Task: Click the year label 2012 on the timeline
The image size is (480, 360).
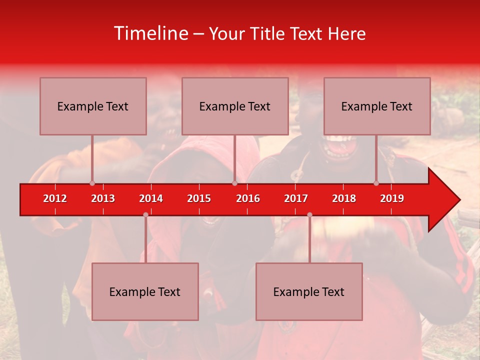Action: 55,198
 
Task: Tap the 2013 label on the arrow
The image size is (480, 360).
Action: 103,198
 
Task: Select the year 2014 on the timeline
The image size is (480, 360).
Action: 151,198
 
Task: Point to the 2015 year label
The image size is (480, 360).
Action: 199,198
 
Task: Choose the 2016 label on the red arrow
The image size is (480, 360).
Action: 248,198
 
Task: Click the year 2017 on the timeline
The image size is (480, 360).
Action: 296,198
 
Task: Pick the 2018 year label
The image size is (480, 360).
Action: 344,198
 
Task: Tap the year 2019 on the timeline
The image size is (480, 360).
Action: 392,198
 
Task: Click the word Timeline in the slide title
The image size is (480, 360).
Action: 150,33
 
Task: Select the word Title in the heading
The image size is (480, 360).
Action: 267,34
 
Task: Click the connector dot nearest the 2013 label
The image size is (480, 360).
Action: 92,183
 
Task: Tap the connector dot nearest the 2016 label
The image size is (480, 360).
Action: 234,183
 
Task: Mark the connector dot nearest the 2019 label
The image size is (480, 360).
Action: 376,183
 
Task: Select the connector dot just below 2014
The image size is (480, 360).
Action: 145,214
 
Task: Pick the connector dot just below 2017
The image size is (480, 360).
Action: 309,214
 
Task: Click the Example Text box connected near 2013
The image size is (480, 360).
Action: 93,106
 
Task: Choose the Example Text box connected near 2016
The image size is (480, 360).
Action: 235,106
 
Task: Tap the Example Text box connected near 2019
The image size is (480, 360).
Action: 377,106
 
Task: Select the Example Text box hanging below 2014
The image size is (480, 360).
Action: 145,291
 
